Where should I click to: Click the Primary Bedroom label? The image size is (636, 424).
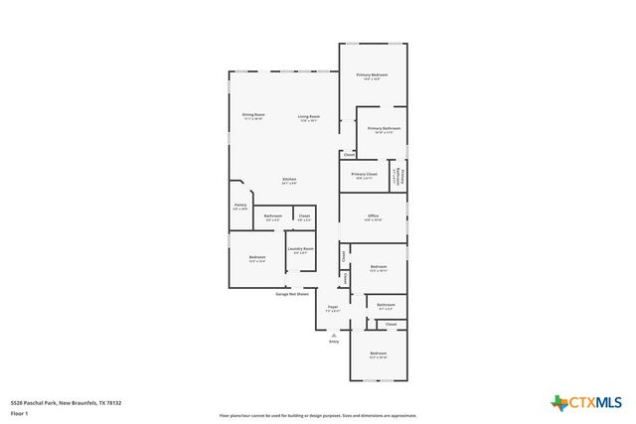click(x=373, y=75)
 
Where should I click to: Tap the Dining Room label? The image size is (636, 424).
click(x=253, y=116)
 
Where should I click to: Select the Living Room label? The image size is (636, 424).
click(x=309, y=116)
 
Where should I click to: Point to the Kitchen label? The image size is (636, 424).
click(x=289, y=181)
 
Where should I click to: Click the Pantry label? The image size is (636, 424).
click(x=240, y=207)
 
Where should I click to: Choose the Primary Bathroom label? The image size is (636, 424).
click(x=384, y=129)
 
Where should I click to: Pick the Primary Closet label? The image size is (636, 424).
click(x=364, y=175)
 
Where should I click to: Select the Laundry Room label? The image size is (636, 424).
click(x=301, y=249)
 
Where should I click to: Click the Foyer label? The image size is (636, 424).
click(x=333, y=308)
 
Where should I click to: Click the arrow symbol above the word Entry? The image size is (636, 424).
click(x=334, y=335)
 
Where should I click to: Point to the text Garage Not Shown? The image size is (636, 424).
click(x=292, y=294)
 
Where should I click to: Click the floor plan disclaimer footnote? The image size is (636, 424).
click(x=318, y=416)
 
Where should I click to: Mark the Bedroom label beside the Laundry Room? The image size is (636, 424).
click(x=256, y=258)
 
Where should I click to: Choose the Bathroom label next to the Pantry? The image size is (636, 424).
click(x=272, y=216)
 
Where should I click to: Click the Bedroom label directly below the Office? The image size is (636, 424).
click(x=379, y=267)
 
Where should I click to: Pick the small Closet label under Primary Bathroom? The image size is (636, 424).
click(x=348, y=155)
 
